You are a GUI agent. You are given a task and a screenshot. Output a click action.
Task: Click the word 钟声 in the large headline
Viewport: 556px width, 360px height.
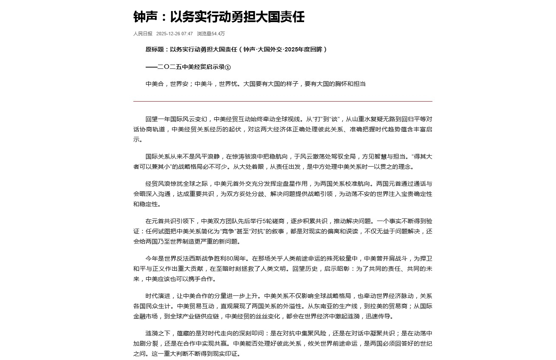tap(145, 17)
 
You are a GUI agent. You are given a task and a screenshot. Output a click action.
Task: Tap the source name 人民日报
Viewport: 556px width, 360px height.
tap(143, 34)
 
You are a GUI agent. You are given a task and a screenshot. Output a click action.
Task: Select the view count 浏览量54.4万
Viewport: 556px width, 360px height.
tap(211, 34)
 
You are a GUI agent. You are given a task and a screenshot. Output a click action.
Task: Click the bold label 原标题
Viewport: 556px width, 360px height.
tap(155, 49)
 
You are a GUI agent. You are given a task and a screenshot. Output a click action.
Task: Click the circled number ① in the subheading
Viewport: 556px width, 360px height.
tap(228, 67)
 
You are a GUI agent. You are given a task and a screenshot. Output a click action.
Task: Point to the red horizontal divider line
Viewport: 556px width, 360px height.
tap(282, 101)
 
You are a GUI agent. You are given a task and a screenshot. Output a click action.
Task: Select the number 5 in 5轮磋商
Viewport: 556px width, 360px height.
tap(264, 221)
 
